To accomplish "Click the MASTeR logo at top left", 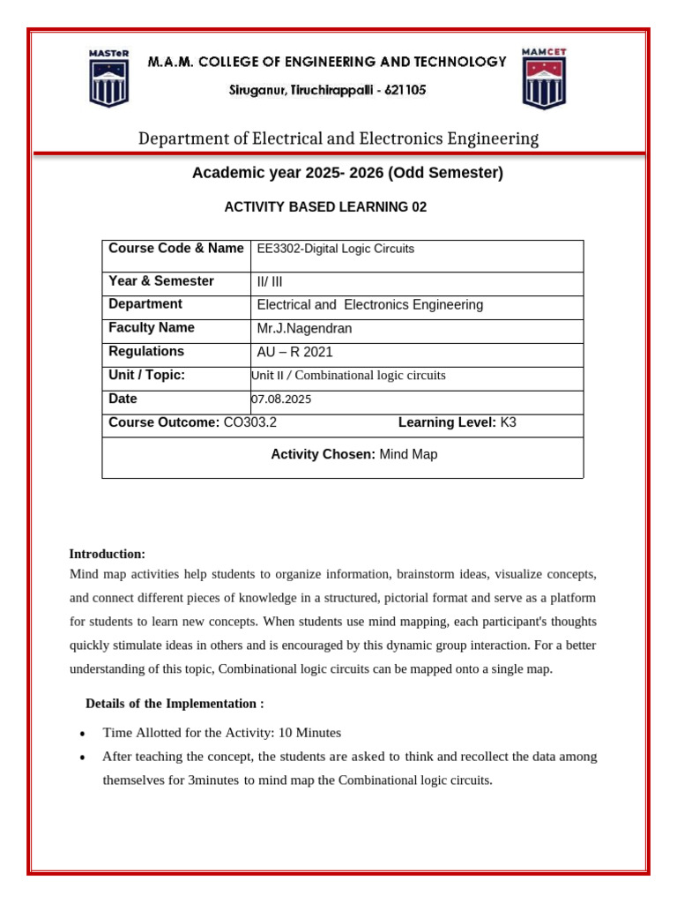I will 108,78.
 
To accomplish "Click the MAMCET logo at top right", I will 544,78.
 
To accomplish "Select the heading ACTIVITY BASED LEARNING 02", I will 325,207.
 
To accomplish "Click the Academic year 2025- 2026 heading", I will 347,173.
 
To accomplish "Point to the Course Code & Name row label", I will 175,249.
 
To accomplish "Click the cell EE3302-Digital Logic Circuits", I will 335,250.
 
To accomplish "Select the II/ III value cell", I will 270,282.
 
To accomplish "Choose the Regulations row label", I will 145,352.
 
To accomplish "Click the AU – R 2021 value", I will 294,353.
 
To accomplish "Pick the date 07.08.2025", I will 281,399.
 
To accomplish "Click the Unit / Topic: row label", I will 146,376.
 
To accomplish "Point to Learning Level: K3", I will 457,422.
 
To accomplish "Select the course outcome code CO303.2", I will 250,422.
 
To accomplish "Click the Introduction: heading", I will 107,554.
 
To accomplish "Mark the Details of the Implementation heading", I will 175,704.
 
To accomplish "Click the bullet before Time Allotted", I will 82,734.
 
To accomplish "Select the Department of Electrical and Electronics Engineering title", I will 338,138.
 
